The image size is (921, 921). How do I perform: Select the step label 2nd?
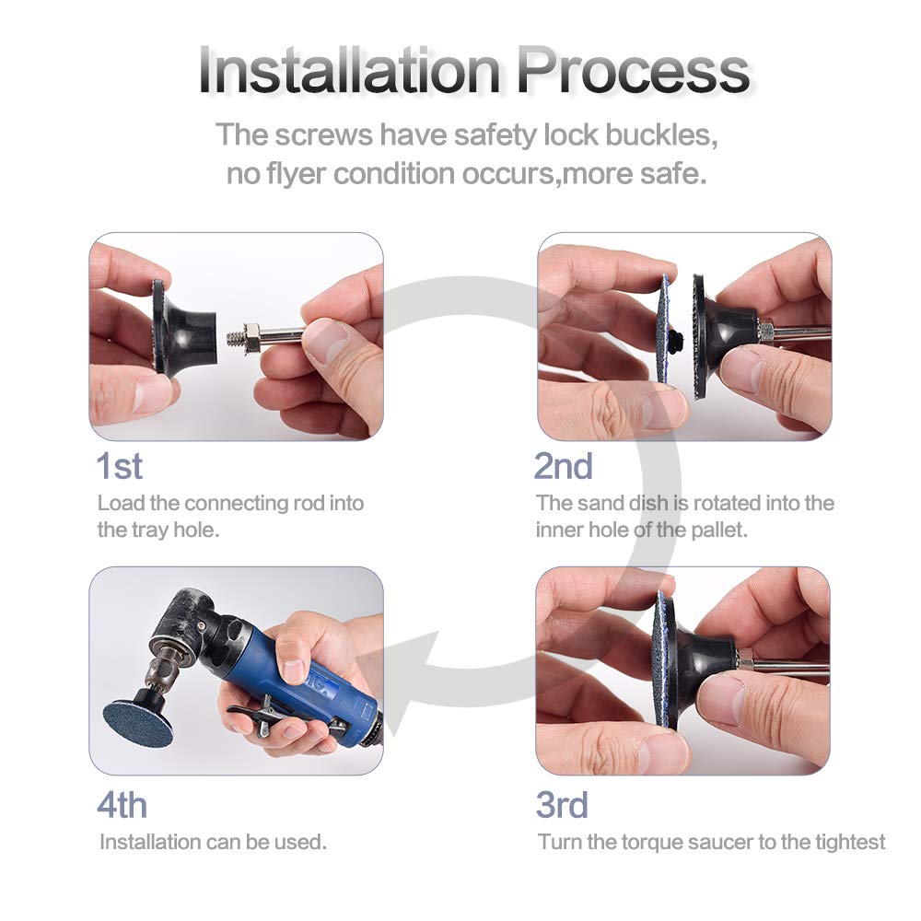pyautogui.click(x=563, y=466)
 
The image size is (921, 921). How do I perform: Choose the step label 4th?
pyautogui.click(x=122, y=805)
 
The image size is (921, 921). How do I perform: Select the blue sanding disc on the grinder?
pyautogui.click(x=138, y=720)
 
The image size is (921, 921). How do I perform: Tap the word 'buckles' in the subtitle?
pyautogui.click(x=660, y=134)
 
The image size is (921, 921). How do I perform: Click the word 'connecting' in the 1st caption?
pyautogui.click(x=236, y=503)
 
